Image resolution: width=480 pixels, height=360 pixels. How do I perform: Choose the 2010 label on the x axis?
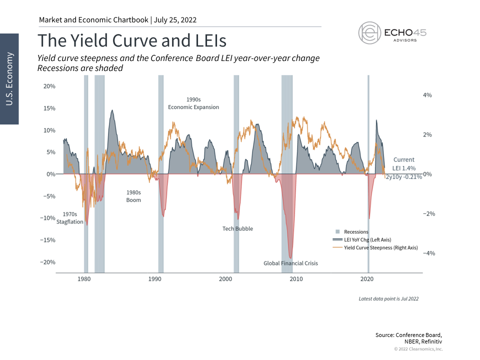click(x=296, y=278)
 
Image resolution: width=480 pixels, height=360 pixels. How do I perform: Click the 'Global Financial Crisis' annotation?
click(x=291, y=263)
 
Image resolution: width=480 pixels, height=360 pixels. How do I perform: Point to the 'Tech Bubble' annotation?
click(x=237, y=228)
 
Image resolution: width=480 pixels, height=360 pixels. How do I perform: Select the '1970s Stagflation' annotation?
click(x=70, y=218)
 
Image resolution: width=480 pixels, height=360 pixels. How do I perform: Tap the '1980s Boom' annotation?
click(x=133, y=196)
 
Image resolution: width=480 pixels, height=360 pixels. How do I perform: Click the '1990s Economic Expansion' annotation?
click(x=193, y=103)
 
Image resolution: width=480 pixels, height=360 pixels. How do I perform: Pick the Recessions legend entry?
click(x=352, y=231)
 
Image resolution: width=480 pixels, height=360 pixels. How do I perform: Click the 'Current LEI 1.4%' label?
click(x=404, y=164)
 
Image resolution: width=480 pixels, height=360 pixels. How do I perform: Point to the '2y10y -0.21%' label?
click(x=403, y=177)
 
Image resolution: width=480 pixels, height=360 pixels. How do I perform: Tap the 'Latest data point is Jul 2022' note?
click(x=388, y=298)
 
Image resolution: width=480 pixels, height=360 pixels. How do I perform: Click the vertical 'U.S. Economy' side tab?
click(x=9, y=78)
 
